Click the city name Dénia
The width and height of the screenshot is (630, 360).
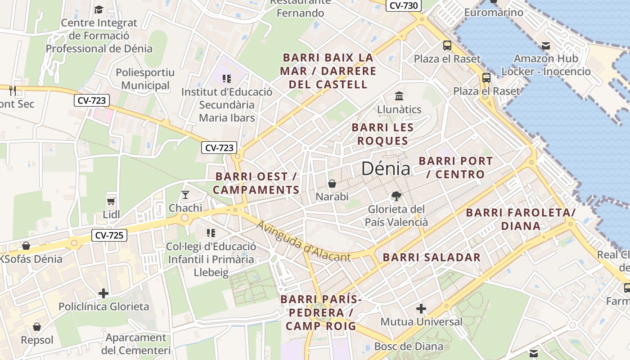386,169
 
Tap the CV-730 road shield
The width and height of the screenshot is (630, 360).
404,5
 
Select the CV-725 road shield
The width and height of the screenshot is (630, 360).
109,235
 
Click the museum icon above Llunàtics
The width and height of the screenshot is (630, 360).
399,96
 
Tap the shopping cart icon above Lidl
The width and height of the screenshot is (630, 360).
111,201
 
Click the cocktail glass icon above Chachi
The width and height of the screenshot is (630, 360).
185,194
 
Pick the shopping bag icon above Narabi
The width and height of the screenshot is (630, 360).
332,184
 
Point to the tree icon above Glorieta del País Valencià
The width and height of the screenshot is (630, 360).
396,196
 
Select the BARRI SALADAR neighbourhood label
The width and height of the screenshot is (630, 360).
432,257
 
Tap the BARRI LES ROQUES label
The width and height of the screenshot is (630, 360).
382,134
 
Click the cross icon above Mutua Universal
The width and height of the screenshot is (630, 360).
421,309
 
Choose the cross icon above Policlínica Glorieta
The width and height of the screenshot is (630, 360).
103,293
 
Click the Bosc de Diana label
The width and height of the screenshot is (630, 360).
409,346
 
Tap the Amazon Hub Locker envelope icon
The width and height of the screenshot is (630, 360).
546,45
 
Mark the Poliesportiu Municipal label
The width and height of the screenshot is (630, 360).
145,79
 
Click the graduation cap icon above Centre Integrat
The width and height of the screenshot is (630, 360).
99,9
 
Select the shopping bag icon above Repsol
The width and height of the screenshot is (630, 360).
37,327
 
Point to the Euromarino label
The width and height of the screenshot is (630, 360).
494,12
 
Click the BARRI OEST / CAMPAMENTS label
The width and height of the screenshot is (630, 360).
256,183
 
